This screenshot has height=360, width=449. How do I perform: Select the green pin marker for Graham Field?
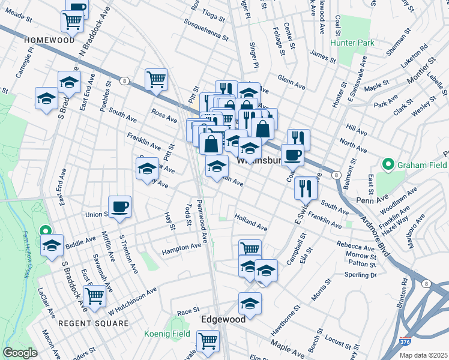pos(388,164)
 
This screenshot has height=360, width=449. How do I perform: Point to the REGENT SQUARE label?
pos(93,323)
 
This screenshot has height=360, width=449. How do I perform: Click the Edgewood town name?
pos(223,319)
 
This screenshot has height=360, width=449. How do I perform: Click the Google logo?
pos(20,353)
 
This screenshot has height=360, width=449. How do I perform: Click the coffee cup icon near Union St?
pos(119,206)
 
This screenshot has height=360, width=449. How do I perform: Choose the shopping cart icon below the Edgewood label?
pos(208,340)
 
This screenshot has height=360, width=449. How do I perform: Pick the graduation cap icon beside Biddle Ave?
pos(52,245)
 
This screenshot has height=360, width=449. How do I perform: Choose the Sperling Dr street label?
pos(360,275)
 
